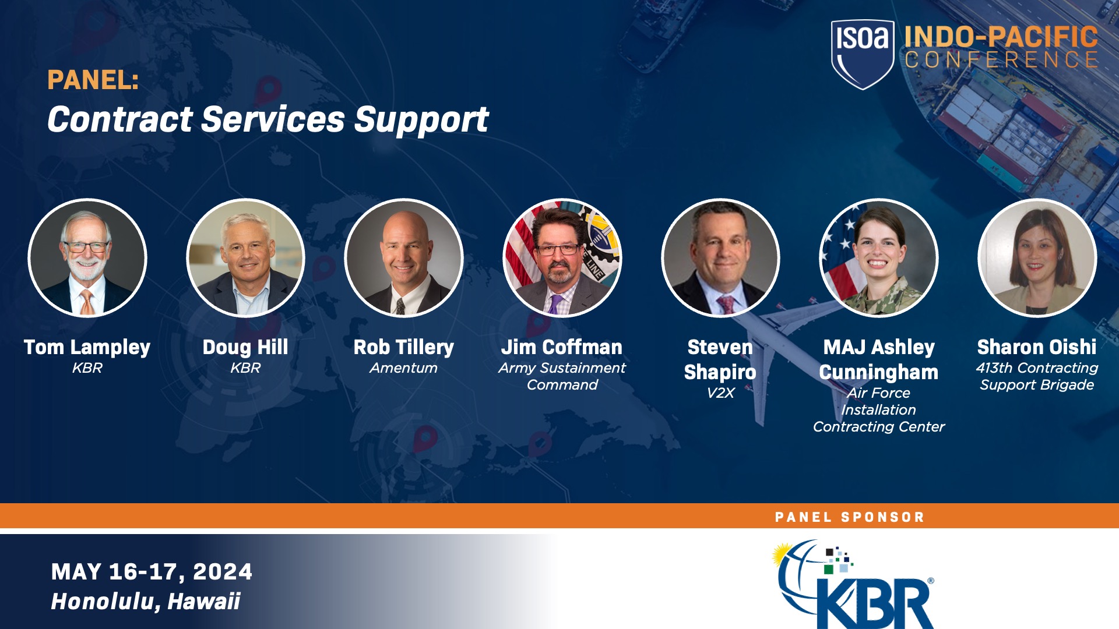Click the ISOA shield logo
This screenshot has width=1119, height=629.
coord(862,54)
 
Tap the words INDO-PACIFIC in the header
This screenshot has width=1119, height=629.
coord(1001,37)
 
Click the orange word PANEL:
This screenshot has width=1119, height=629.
coord(93,80)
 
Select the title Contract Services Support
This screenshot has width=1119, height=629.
coord(268,119)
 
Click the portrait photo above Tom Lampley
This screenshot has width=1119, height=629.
coord(87,258)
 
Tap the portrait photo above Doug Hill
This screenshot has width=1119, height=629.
coord(245,258)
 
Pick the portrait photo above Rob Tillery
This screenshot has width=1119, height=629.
coord(404,258)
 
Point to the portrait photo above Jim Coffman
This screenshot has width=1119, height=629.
coord(562,258)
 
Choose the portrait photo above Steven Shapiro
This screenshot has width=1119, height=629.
coord(720,258)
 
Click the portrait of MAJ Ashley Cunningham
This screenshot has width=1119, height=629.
coord(878,258)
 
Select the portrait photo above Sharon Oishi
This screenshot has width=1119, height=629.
coord(1037,258)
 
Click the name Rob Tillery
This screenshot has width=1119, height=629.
coord(403,347)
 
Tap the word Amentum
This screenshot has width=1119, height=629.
coord(403,368)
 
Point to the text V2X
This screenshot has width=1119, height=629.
coord(720,393)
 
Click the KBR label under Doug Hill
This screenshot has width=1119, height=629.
coord(245,368)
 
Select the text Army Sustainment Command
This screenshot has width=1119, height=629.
coord(562,376)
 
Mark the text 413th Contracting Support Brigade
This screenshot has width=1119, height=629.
coord(1037,376)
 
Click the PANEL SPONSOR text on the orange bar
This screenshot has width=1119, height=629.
coord(849,517)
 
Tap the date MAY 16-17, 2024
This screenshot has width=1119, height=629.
coord(152,572)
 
